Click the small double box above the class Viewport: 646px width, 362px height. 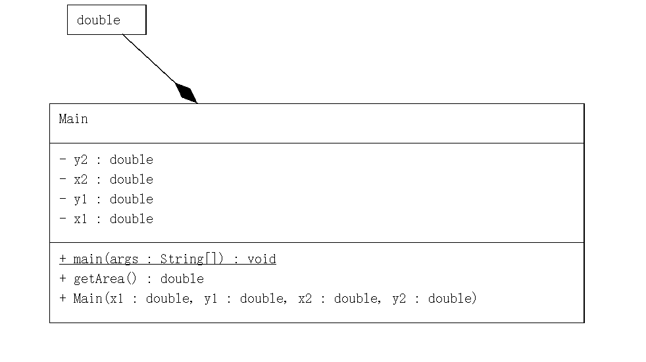107,20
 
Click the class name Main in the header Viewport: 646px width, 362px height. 73,119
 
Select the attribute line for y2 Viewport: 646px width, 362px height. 106,160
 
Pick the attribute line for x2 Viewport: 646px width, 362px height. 106,180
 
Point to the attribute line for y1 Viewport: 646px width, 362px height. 106,199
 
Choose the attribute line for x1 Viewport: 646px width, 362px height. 106,219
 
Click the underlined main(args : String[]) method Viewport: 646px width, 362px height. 168,259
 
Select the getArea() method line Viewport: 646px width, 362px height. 132,279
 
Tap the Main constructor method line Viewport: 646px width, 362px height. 268,299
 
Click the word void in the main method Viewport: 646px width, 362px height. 262,259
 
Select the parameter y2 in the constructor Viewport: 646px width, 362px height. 399,299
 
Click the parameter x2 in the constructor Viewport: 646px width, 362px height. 305,299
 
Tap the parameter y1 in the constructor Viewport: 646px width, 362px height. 211,299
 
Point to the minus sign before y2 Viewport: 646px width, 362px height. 62,160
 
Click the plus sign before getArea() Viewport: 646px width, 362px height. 62,279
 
